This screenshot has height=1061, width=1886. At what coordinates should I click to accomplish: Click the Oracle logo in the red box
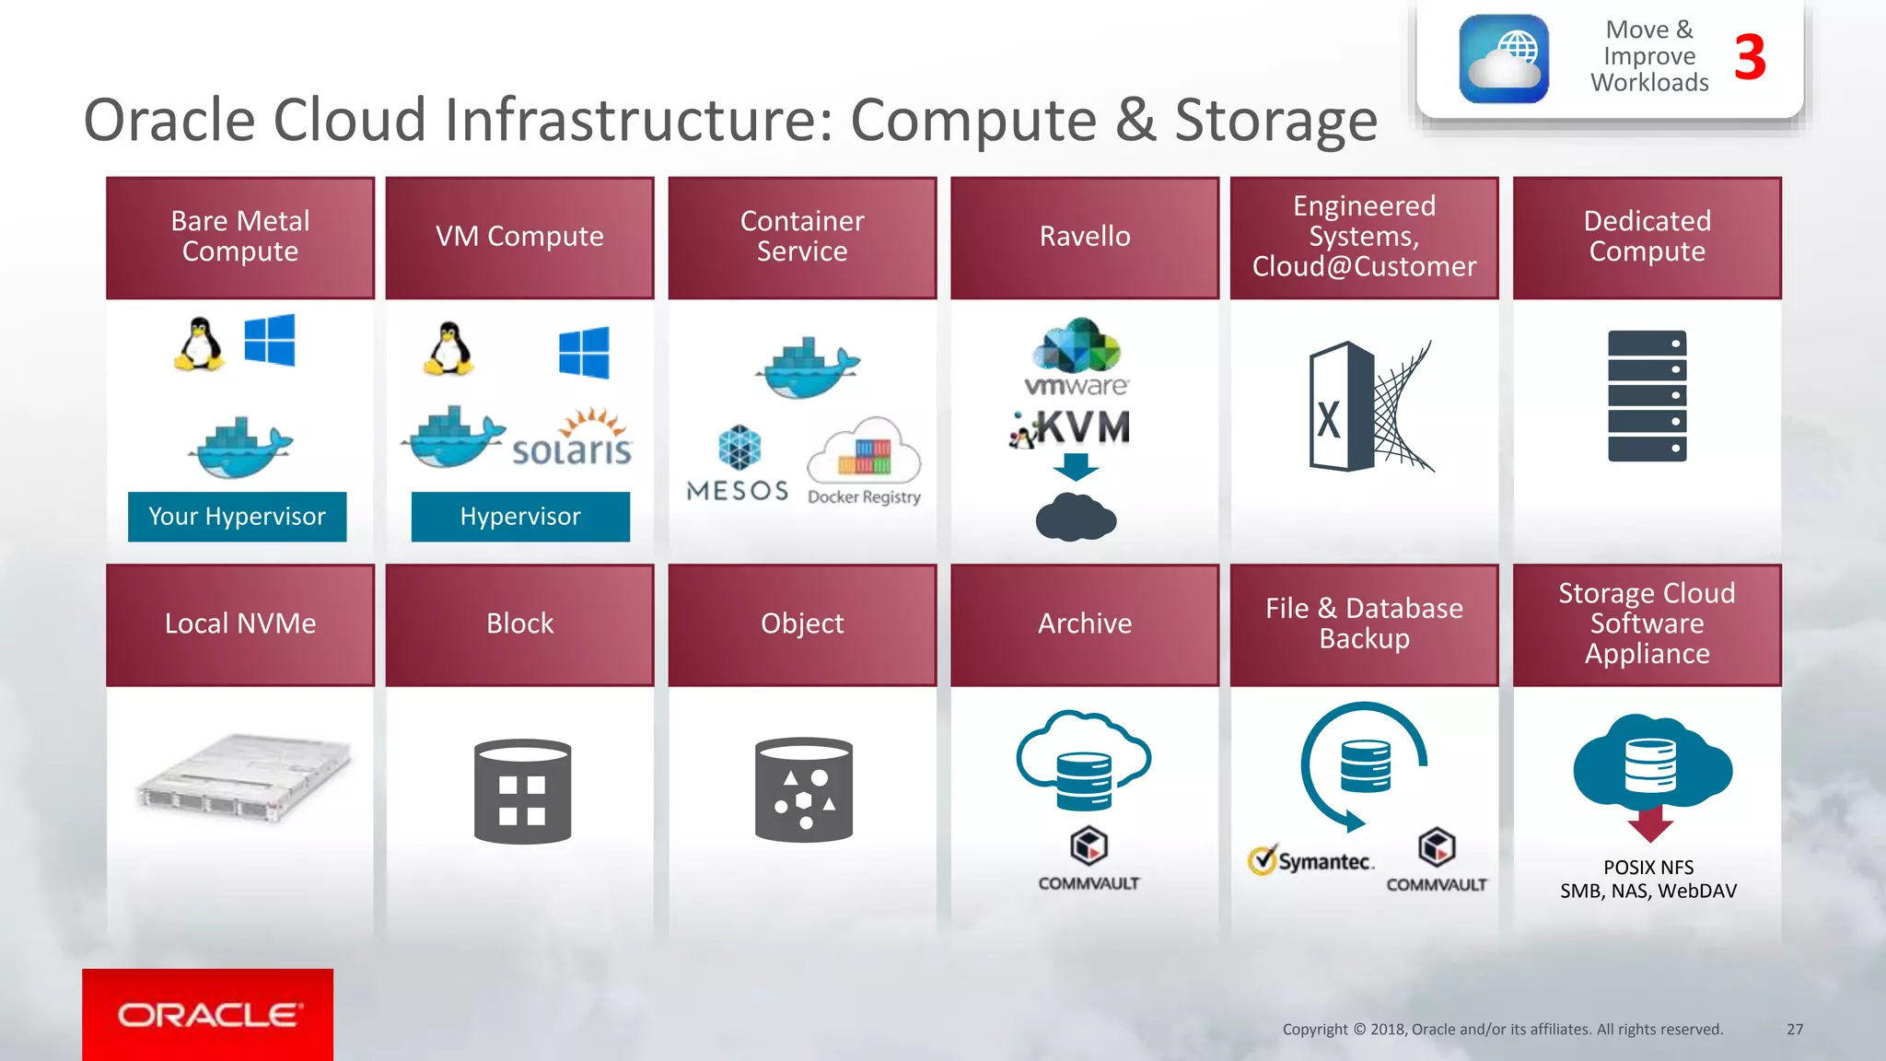(x=208, y=1015)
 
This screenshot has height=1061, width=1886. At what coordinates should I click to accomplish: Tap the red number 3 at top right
(x=1750, y=58)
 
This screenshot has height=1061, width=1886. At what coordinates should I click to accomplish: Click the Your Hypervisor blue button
(x=238, y=517)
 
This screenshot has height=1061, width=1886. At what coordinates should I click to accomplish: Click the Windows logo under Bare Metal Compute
(x=270, y=340)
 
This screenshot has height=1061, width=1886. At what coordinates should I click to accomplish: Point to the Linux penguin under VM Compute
(x=448, y=349)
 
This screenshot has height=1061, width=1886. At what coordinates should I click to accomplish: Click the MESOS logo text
(x=738, y=491)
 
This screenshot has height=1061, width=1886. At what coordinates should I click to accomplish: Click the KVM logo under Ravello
(x=1073, y=428)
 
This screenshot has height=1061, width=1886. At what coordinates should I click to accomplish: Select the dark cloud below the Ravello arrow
(x=1076, y=518)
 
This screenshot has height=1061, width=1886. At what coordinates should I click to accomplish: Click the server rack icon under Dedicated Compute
(x=1647, y=396)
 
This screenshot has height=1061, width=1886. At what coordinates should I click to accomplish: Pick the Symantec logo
(x=1311, y=861)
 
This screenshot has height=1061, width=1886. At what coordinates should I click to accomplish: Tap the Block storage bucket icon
(x=522, y=792)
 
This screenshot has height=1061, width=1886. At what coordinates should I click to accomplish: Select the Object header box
(x=802, y=624)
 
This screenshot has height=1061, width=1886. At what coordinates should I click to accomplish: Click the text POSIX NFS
(x=1648, y=868)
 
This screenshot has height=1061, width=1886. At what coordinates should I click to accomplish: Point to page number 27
(x=1795, y=1029)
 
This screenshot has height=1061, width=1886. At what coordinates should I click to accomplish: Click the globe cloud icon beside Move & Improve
(x=1503, y=59)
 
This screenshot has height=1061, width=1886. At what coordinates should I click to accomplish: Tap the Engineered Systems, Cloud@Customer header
(x=1364, y=238)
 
